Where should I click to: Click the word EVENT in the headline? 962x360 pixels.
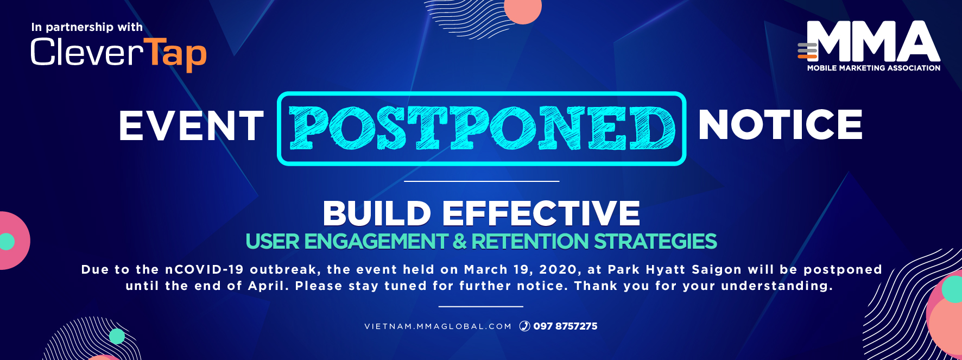191,125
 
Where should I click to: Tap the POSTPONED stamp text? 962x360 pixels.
482,128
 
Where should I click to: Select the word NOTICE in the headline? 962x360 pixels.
780,124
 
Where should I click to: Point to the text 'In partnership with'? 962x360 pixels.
87,27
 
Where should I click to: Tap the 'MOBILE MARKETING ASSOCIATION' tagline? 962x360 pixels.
874,68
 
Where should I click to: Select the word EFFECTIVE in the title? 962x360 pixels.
541,213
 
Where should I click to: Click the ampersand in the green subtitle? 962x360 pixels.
459,242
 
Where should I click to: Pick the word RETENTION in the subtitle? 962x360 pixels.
530,242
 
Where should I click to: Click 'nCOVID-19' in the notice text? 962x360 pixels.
204,270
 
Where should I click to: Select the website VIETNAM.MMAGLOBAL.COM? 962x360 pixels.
438,326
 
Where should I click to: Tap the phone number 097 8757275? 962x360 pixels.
565,326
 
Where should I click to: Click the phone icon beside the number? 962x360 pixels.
524,326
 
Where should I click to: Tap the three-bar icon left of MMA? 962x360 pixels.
807,50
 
